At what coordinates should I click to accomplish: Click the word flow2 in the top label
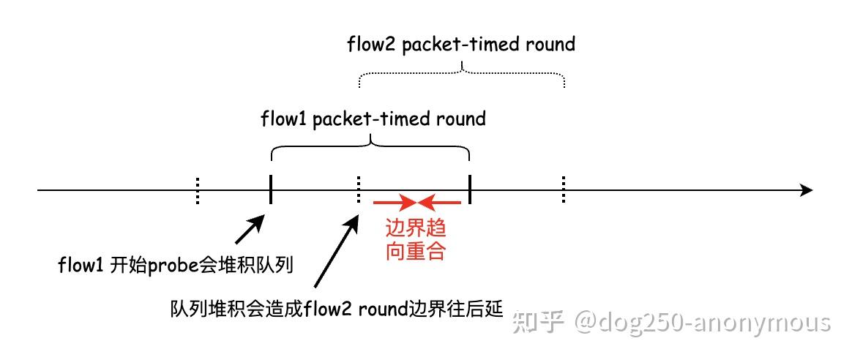[371, 44]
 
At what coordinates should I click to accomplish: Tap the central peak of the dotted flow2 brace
[462, 67]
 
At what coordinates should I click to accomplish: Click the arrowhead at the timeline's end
[807, 190]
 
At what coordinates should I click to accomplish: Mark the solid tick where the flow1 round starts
[271, 190]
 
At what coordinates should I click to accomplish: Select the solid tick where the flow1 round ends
[469, 190]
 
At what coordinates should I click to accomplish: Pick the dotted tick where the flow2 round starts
[358, 190]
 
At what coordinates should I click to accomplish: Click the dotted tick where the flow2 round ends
[564, 190]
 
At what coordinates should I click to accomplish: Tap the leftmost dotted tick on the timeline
[197, 190]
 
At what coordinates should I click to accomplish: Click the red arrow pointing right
[395, 203]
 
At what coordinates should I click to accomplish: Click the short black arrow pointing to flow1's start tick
[250, 229]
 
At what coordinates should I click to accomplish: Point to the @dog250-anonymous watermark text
[702, 323]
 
